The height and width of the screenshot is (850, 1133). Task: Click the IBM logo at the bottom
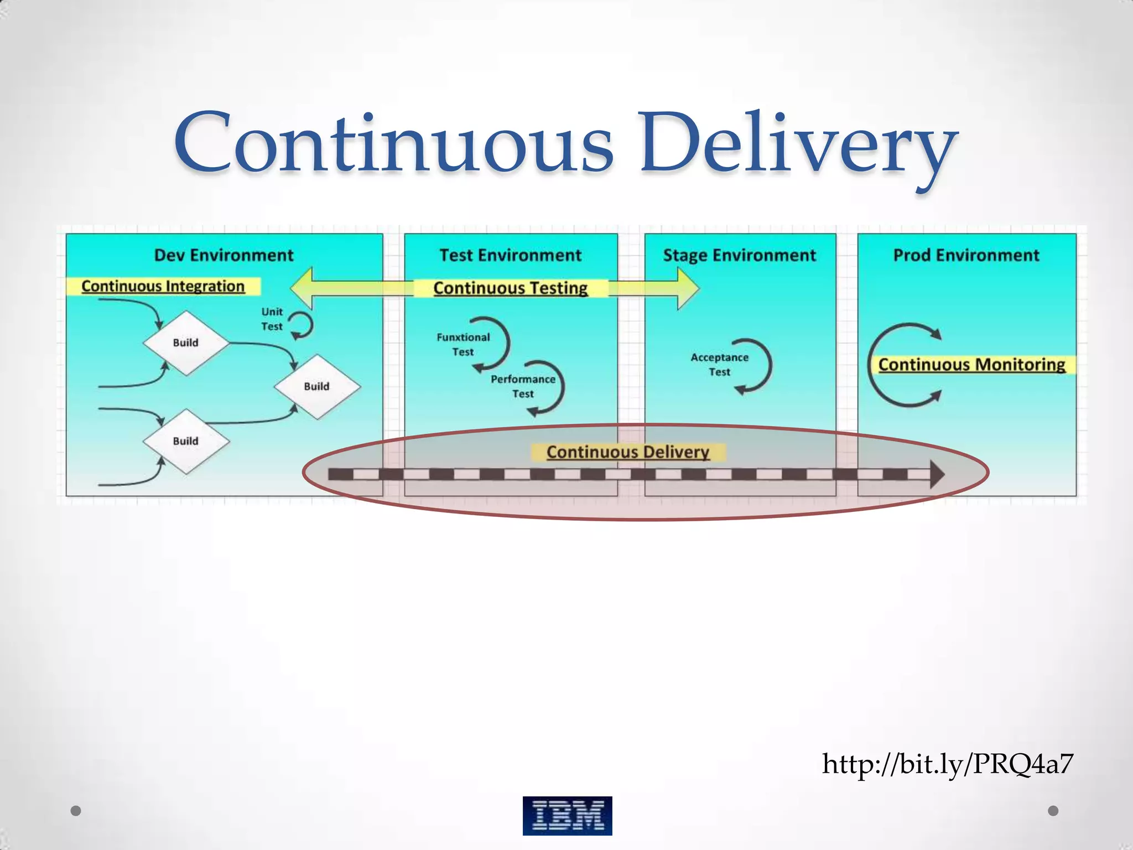[x=567, y=815]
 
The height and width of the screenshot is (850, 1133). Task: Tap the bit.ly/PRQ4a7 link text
[x=947, y=764]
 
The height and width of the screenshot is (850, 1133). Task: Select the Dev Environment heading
[x=224, y=255]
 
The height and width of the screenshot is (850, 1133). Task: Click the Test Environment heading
[x=510, y=255]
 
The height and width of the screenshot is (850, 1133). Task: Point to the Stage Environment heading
[x=739, y=255]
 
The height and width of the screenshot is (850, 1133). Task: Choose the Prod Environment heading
[x=966, y=255]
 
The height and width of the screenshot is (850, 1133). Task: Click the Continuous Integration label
[x=163, y=286]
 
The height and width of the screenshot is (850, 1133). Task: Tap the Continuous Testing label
[x=510, y=288]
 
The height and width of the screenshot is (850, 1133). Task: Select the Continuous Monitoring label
[x=971, y=365]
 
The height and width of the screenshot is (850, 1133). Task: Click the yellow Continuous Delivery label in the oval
[x=628, y=452]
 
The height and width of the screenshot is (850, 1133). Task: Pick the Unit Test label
[x=272, y=319]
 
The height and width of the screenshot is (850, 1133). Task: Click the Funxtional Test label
[x=463, y=344]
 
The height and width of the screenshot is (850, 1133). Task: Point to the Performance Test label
[x=523, y=386]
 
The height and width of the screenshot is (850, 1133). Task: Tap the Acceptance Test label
[x=719, y=365]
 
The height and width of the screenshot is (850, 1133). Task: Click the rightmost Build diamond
[x=317, y=386]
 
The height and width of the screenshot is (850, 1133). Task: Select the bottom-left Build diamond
[x=186, y=441]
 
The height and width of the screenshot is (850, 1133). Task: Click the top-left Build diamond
[x=186, y=343]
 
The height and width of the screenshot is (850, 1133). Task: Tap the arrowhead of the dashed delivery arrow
[x=936, y=474]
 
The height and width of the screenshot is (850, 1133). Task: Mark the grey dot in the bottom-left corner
[x=76, y=811]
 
